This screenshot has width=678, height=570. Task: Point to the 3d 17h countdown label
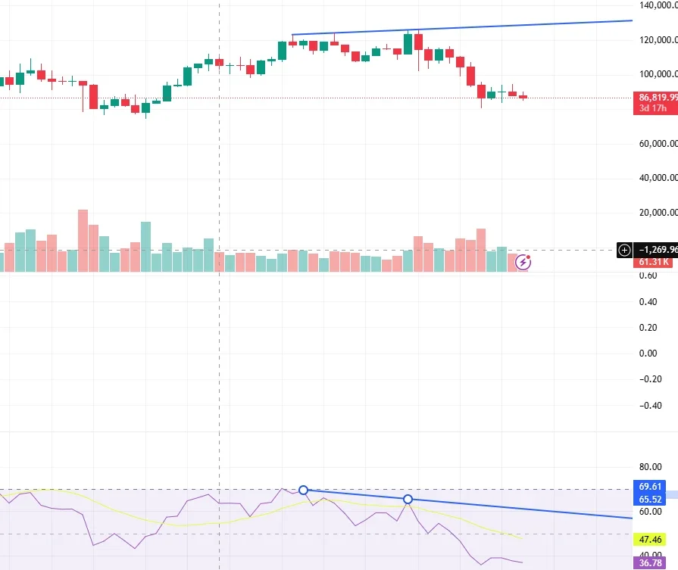click(x=654, y=109)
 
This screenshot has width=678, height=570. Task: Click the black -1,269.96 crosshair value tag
click(x=657, y=250)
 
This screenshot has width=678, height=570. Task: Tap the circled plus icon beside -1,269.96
click(x=624, y=250)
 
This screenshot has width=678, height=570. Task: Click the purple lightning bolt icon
click(x=523, y=263)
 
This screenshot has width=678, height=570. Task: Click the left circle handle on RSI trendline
click(x=304, y=491)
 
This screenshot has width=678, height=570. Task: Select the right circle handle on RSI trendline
click(x=408, y=500)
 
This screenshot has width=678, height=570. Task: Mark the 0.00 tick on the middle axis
click(x=648, y=354)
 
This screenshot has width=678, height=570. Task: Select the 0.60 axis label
click(x=648, y=276)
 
